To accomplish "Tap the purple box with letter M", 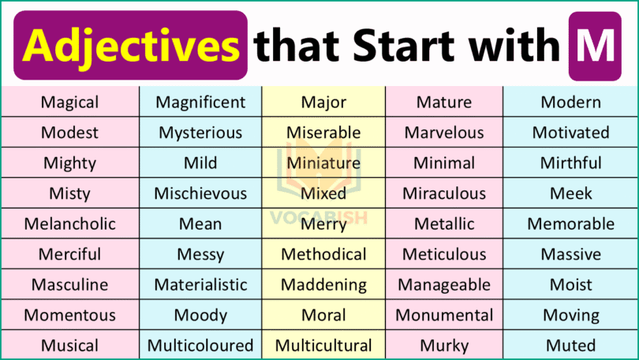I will click(594, 47).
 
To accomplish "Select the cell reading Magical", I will click(69, 102).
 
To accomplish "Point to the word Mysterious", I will click(200, 133).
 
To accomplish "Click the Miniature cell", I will click(323, 163).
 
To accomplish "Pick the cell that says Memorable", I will click(570, 223).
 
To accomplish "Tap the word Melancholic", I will click(69, 223).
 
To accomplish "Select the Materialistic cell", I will click(200, 284).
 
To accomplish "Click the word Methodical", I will click(323, 254).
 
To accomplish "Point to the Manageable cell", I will click(444, 284).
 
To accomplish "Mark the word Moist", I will click(570, 284).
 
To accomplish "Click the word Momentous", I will click(69, 315).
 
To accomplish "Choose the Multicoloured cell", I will click(200, 346).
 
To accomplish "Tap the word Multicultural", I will click(323, 346).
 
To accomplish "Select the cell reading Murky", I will click(444, 346).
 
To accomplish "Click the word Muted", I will click(570, 346).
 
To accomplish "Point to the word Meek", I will click(570, 193).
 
